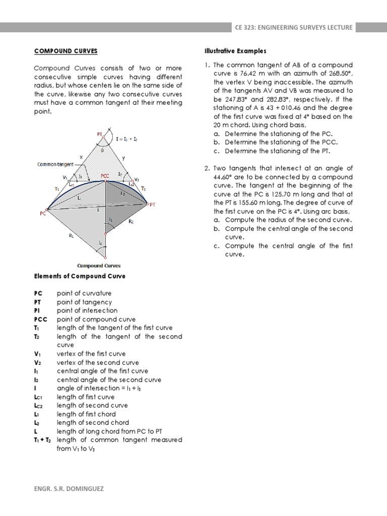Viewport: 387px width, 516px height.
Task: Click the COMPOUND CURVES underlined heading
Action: [x=66, y=51]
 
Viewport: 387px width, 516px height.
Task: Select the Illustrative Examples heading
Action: [x=235, y=51]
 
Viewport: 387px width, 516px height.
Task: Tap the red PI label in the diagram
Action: [x=100, y=134]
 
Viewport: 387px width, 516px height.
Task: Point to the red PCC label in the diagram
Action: [x=105, y=176]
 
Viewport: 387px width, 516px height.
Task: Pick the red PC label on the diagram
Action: [x=43, y=213]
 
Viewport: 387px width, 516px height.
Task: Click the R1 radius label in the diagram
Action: [x=71, y=235]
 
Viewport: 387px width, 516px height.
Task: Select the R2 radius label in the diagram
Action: [x=131, y=221]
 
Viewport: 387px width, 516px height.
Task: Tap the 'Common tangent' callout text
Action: [x=55, y=164]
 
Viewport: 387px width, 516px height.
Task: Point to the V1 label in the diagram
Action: [x=64, y=177]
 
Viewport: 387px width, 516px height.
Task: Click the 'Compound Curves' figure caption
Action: [x=99, y=266]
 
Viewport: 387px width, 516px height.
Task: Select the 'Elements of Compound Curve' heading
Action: [x=80, y=276]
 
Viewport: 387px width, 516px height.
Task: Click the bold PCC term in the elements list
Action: [x=40, y=319]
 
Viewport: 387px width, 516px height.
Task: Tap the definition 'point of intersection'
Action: [x=87, y=311]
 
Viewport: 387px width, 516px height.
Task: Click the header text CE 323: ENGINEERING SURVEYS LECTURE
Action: [x=293, y=27]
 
